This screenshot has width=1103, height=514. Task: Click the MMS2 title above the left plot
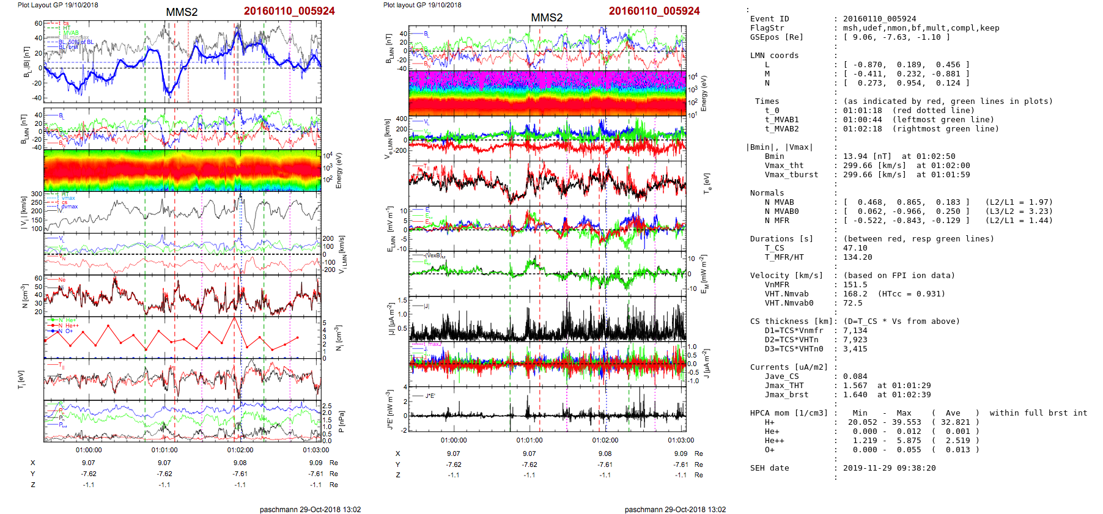[x=182, y=12]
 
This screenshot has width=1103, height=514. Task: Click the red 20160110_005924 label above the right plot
[x=654, y=11]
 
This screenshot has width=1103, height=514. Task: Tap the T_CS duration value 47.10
[x=855, y=248]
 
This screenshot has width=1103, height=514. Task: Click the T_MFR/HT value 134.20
[x=857, y=257]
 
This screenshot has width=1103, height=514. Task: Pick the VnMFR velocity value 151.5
[x=855, y=285]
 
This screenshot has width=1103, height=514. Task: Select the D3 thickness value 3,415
[x=855, y=349]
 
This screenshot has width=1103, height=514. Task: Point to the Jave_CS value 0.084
[x=855, y=376]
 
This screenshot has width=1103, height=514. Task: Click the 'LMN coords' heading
[x=774, y=56]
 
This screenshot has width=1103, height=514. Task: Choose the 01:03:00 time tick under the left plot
[x=315, y=450]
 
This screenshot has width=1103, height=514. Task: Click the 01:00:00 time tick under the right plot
[x=453, y=440]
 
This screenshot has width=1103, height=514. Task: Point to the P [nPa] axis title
[x=341, y=421]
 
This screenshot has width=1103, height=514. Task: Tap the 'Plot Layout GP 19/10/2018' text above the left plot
[x=57, y=5]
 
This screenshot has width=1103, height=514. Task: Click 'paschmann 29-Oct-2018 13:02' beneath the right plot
[x=675, y=510]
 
